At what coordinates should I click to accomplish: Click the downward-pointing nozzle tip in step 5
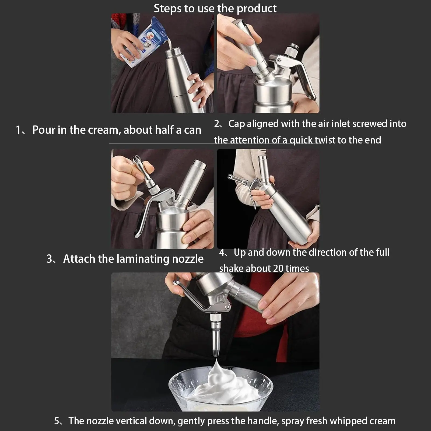pos(215,351)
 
